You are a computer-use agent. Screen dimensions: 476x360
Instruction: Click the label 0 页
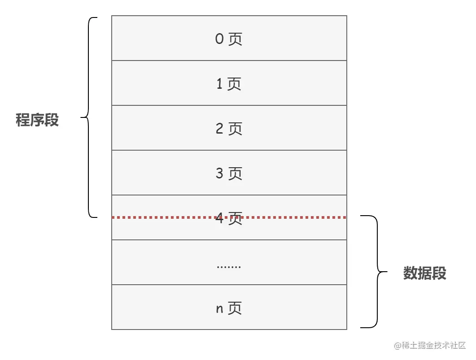[229, 39]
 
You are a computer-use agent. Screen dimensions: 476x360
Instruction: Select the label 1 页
[229, 84]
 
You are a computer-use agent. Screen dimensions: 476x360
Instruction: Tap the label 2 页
[229, 129]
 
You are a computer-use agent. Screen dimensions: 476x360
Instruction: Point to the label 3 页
[229, 173]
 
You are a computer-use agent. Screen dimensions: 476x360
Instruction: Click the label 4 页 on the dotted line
[229, 219]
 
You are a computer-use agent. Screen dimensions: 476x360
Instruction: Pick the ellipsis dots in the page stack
[229, 266]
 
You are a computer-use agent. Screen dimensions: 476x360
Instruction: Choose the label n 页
[229, 308]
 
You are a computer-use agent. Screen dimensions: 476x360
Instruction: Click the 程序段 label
[37, 120]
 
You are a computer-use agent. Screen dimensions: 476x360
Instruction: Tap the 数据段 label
[424, 273]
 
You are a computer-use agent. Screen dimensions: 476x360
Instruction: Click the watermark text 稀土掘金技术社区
[434, 346]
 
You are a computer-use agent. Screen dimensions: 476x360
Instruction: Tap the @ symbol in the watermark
[397, 346]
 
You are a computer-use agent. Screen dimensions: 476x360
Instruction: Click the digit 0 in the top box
[219, 39]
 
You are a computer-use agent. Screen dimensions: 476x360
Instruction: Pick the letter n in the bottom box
[220, 309]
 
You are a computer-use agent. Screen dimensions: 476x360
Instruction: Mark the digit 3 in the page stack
[219, 173]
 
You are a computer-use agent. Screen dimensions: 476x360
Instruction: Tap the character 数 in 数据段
[410, 273]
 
